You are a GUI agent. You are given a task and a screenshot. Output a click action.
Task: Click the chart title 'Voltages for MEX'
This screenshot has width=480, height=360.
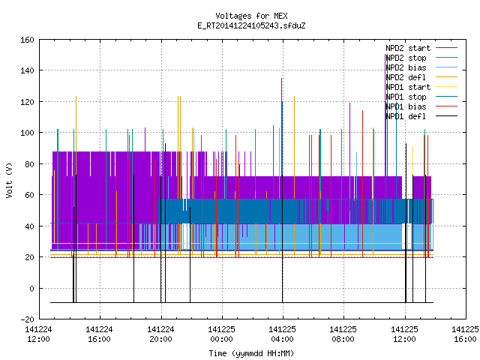click(251, 16)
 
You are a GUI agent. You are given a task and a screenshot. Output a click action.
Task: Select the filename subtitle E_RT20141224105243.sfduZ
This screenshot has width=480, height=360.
click(251, 25)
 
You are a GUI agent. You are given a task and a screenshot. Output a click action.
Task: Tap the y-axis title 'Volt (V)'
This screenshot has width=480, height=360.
click(9, 180)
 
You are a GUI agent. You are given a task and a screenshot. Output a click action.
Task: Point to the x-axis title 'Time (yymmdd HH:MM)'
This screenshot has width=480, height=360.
click(251, 353)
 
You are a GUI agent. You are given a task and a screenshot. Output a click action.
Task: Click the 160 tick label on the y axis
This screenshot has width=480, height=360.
click(27, 40)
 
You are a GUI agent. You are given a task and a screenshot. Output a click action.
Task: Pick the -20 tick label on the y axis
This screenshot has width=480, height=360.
click(27, 319)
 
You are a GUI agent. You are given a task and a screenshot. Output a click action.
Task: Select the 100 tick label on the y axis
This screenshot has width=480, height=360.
click(27, 133)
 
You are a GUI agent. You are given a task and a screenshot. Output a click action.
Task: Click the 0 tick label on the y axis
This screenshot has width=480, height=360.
click(31, 288)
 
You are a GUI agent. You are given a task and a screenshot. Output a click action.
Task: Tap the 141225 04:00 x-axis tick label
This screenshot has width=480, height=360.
click(282, 334)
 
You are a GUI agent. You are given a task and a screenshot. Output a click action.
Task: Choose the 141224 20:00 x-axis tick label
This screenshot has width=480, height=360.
click(160, 334)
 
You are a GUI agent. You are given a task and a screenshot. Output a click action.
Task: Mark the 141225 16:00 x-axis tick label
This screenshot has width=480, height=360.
click(465, 334)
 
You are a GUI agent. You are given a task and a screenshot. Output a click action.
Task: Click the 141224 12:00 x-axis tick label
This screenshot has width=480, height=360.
click(38, 334)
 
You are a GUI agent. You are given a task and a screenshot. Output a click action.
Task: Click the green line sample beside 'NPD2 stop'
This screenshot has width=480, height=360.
click(447, 58)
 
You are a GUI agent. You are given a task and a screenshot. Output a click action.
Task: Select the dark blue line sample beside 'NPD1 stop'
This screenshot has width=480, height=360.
click(447, 97)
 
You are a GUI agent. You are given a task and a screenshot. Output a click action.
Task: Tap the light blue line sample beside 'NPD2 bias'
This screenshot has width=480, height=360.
click(447, 67)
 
